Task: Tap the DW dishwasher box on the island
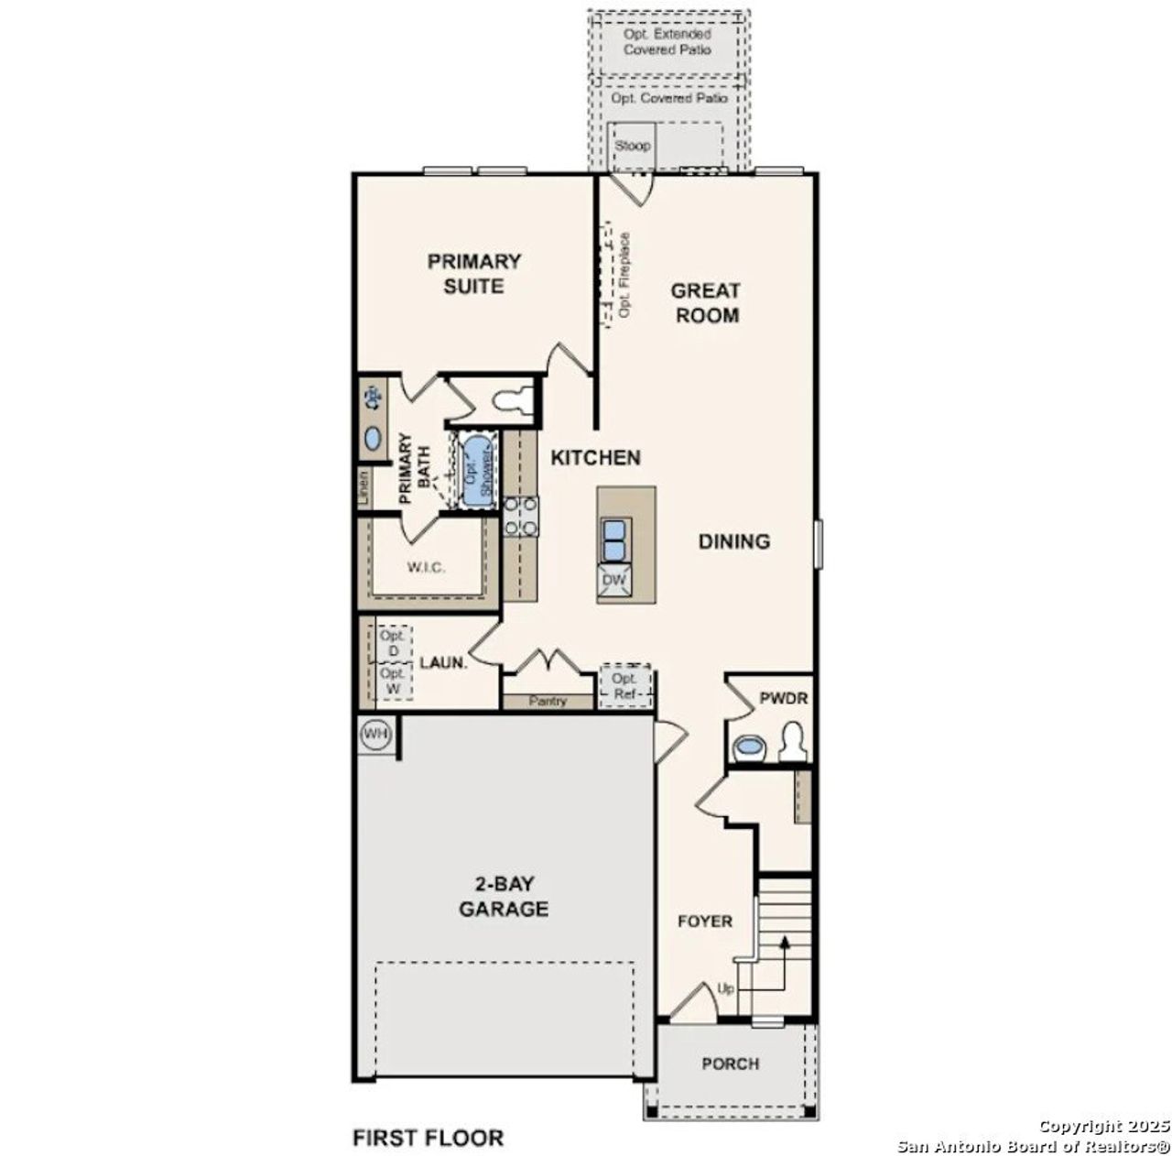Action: (x=613, y=580)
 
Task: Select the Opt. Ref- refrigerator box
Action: (x=625, y=685)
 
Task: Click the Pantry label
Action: (x=548, y=702)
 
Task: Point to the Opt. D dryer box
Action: (x=394, y=643)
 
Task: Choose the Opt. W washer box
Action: (x=394, y=681)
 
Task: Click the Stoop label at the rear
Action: (x=632, y=146)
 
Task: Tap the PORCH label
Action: (x=730, y=1063)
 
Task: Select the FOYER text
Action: (x=704, y=921)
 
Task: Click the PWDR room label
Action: (x=784, y=698)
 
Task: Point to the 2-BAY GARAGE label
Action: (x=504, y=897)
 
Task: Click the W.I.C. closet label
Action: (x=426, y=568)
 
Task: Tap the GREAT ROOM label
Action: (x=705, y=303)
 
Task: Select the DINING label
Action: (x=734, y=541)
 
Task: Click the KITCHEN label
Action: (x=595, y=457)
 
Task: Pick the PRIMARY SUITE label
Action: (x=474, y=274)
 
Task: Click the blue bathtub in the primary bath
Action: (x=475, y=472)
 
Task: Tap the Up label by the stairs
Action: (x=726, y=989)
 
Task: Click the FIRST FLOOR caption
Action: (x=428, y=1138)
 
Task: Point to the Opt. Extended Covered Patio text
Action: (x=667, y=41)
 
